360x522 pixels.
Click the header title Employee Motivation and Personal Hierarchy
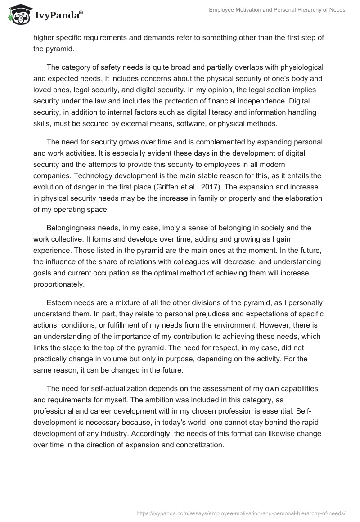pyautogui.click(x=277, y=9)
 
